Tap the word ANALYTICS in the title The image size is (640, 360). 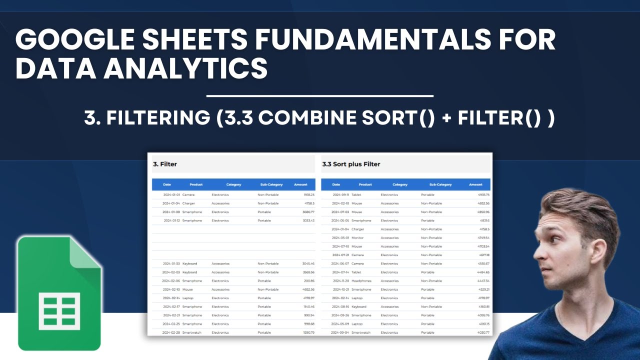(186, 68)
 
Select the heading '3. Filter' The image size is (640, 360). (165, 164)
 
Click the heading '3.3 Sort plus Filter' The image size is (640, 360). (351, 164)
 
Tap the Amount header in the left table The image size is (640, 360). (300, 184)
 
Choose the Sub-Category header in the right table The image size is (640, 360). (440, 184)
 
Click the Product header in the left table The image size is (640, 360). (196, 184)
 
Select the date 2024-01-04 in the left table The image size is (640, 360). (171, 203)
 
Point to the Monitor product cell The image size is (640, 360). (357, 238)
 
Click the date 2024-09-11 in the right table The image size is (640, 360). (340, 194)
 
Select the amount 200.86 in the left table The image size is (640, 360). (308, 281)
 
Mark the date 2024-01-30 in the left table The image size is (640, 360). (171, 263)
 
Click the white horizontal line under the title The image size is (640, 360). (320, 95)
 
